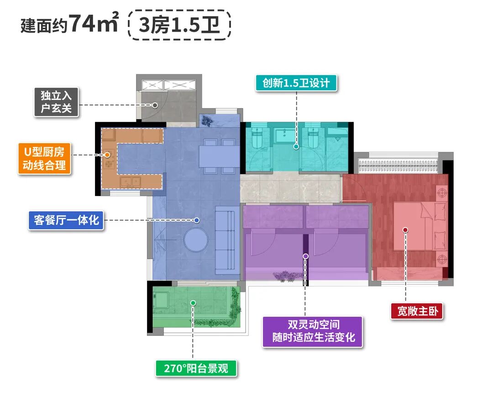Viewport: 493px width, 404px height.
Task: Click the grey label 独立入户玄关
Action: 57,102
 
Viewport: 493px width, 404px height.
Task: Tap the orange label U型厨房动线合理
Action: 45,158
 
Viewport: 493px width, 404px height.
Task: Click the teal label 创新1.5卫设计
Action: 296,84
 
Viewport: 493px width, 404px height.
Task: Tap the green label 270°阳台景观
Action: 196,368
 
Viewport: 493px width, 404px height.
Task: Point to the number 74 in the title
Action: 82,24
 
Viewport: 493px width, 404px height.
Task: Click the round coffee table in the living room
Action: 196,239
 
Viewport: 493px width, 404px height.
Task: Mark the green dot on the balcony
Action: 193,303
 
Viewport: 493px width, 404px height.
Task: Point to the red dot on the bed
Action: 405,230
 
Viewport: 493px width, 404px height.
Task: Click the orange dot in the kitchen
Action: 107,155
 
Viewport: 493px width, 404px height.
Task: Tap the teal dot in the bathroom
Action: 296,147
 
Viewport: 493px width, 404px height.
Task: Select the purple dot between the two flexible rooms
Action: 306,256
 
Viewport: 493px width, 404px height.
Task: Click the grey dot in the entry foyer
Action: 155,105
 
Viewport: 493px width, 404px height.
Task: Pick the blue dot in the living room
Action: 197,220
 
